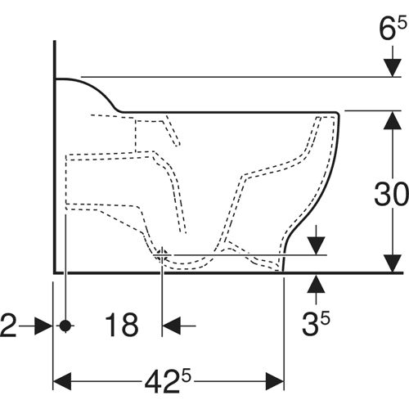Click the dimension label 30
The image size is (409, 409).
click(x=391, y=194)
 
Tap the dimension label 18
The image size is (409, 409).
click(x=122, y=325)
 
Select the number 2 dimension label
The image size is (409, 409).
click(x=8, y=325)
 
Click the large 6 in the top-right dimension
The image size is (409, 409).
click(x=388, y=29)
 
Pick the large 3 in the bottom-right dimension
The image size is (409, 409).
click(x=311, y=324)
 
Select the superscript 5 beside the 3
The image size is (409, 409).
click(x=325, y=319)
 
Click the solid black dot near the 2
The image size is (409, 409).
click(x=65, y=326)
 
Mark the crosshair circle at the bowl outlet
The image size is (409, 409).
click(x=162, y=256)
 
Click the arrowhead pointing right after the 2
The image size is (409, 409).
click(x=43, y=326)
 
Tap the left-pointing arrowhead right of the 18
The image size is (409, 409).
click(x=171, y=326)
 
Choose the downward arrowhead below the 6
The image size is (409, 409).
click(x=393, y=68)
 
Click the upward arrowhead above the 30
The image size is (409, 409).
click(x=393, y=120)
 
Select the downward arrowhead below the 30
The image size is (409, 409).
click(x=393, y=263)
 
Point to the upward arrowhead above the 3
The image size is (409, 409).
click(x=316, y=284)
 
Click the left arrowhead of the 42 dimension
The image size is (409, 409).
click(x=62, y=381)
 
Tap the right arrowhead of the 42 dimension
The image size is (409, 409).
click(x=275, y=381)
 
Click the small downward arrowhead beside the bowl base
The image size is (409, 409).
click(x=316, y=246)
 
